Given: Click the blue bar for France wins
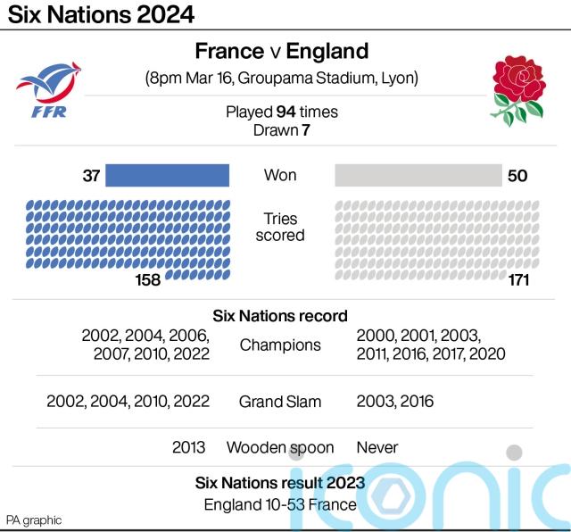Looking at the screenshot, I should point(168,175).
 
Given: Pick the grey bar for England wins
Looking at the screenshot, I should point(418,175).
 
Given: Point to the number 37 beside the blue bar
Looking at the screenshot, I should point(91,176).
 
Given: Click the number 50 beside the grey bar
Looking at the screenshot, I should point(517,176).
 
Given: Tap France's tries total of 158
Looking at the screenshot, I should point(147,280).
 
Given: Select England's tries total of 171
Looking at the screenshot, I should point(517,280).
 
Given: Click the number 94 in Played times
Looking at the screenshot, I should point(285,112).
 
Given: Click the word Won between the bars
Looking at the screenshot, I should point(280,175).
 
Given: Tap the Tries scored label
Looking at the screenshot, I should point(280,227).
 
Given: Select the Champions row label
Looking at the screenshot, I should point(280,345).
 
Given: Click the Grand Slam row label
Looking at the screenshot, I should point(280,402).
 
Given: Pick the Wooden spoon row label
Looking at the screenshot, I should point(280,447).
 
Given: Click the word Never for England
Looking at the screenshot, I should point(377,447).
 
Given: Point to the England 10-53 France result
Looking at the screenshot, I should point(280,504).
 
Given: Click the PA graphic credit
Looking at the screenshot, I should point(34,520).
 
